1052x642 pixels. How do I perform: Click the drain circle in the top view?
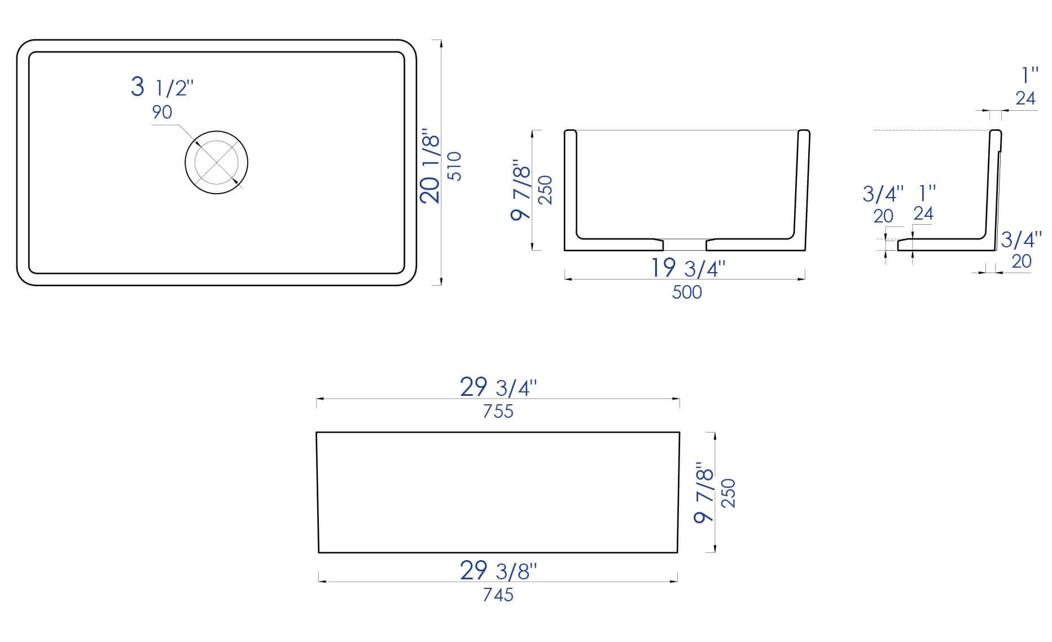click(216, 163)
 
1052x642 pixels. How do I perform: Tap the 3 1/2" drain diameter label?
click(162, 88)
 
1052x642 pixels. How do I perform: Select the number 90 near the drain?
click(161, 112)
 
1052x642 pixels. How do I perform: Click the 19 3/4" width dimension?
click(687, 268)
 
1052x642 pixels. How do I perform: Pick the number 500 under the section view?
click(687, 292)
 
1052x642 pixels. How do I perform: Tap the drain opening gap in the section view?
click(684, 244)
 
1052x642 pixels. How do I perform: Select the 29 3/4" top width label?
click(498, 387)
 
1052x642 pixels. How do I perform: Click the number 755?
click(498, 412)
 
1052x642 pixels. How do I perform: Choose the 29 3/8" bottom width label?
click(498, 571)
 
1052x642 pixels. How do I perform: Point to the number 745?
click(498, 595)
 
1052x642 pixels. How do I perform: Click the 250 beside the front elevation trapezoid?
click(729, 493)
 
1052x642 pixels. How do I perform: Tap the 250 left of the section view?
click(546, 190)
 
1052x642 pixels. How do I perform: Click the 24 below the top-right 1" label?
click(1025, 98)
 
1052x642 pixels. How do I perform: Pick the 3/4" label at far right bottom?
click(1021, 239)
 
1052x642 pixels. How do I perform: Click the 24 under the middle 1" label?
click(923, 213)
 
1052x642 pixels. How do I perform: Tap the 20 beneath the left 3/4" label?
click(883, 216)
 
